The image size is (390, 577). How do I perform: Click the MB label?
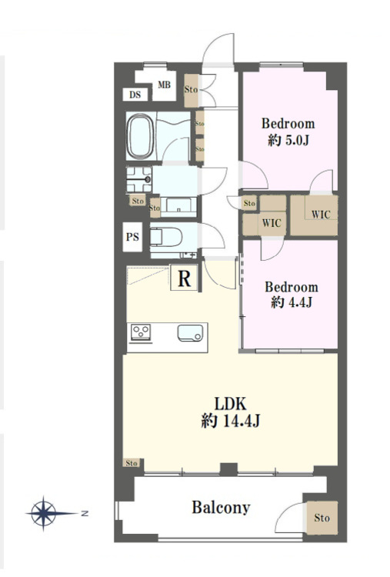(x=164, y=85)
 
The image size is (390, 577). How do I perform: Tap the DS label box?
(x=135, y=95)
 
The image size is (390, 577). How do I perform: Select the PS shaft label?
(x=132, y=237)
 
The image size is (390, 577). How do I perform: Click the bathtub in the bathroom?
(x=140, y=136)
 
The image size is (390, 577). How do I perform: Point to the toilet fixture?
(x=166, y=237)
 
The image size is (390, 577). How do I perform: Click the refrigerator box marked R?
(x=184, y=278)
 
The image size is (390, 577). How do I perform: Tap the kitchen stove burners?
(x=141, y=332)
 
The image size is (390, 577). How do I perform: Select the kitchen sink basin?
(x=190, y=332)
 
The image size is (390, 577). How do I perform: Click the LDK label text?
(x=231, y=404)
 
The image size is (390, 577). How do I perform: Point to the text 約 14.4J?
(x=231, y=420)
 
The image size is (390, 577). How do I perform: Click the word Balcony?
(x=221, y=508)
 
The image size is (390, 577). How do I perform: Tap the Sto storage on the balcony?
(x=322, y=518)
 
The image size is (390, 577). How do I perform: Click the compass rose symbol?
(x=43, y=513)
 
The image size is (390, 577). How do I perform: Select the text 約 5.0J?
(x=288, y=140)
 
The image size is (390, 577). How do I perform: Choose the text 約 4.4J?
(x=292, y=302)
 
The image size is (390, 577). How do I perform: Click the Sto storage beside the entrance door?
(x=191, y=89)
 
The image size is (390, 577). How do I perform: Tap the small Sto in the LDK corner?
(x=132, y=462)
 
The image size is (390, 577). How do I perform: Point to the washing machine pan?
(x=138, y=179)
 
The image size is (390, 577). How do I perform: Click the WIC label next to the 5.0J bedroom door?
(x=321, y=214)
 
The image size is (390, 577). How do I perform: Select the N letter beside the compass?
(x=85, y=513)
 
